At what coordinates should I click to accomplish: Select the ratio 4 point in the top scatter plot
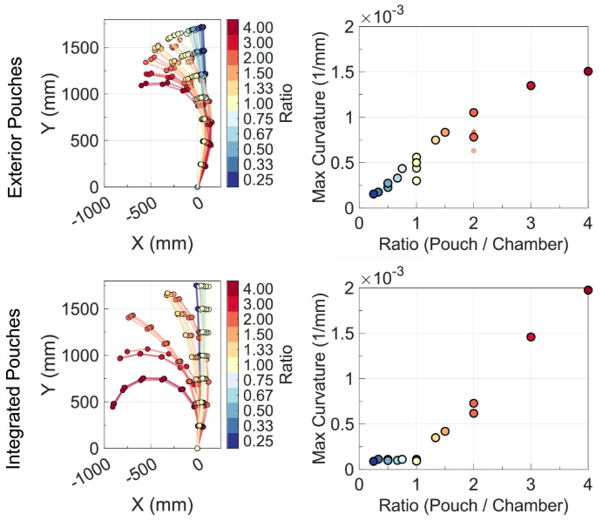coord(588,71)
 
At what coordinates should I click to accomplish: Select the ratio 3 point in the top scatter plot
coord(531,85)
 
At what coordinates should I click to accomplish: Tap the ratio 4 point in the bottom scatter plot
coord(588,290)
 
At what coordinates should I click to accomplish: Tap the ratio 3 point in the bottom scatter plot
coord(531,336)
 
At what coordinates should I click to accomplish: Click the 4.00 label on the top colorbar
coord(259,28)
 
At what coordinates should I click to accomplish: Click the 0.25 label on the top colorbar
coord(259,181)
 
